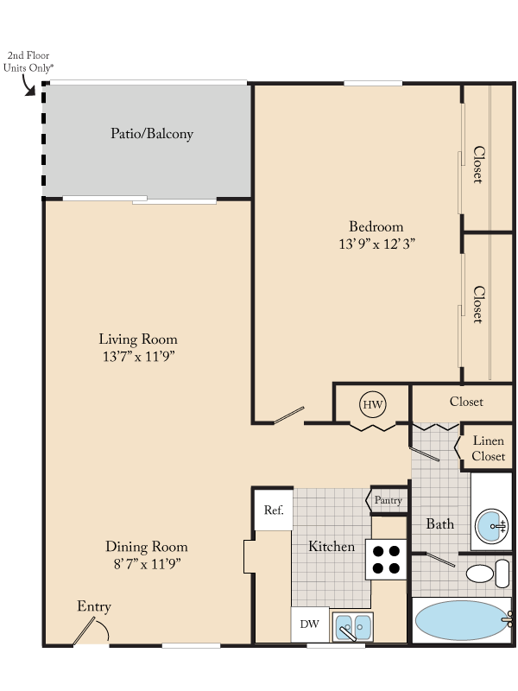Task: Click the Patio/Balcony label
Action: [152, 134]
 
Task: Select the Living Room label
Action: [138, 339]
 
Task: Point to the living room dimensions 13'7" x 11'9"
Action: [138, 357]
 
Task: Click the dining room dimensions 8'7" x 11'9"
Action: [146, 564]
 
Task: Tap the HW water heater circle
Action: [372, 404]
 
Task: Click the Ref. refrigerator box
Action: [274, 510]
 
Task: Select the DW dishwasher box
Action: [308, 624]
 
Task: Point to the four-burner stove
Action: [386, 559]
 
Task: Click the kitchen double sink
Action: [353, 625]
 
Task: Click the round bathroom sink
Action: [492, 524]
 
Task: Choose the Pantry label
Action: [388, 500]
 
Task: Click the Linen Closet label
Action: [489, 448]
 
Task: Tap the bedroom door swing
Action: [290, 415]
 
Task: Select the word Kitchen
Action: [332, 547]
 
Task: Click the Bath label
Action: [440, 524]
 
